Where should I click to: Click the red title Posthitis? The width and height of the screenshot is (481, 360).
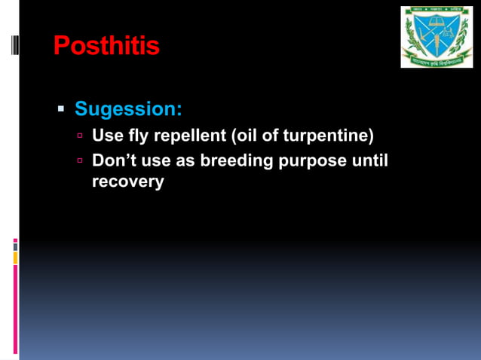pos(106,47)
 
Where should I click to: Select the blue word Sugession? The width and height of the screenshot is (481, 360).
pos(128,109)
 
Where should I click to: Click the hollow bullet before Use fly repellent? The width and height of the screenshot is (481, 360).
pos(80,137)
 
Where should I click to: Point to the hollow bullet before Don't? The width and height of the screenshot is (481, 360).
pos(80,161)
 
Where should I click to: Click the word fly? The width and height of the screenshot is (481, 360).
pos(139,137)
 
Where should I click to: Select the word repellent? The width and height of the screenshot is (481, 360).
pos(189,137)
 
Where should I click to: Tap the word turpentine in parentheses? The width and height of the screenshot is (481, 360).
pos(331,137)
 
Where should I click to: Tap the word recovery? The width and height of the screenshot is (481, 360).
pos(127,182)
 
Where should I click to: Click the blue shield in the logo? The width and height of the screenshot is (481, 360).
pos(437,35)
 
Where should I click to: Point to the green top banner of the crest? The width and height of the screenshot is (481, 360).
pos(437,12)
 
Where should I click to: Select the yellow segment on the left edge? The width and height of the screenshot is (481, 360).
pos(15,258)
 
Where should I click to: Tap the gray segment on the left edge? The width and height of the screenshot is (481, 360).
pos(15,247)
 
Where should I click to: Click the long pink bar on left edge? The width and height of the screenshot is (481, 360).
pos(15,309)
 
